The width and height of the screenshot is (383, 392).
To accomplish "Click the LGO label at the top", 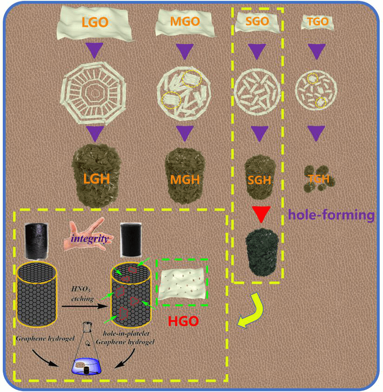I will tap(94, 22).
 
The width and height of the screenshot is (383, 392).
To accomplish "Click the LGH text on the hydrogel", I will tap(97, 178).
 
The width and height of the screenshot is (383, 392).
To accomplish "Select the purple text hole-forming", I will tap(331, 215).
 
